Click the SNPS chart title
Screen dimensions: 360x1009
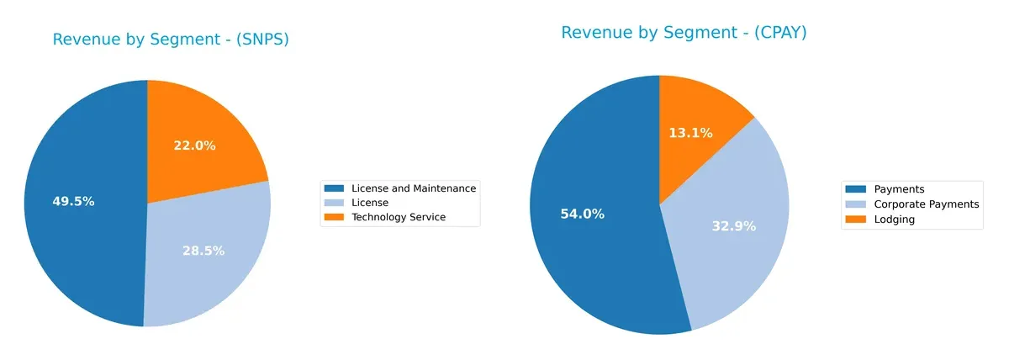click(x=171, y=40)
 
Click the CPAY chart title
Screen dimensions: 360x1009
click(x=684, y=33)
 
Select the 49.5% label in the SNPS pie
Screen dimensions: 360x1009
click(x=73, y=202)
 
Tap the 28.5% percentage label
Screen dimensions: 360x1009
click(x=203, y=251)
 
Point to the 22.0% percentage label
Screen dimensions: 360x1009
click(x=194, y=146)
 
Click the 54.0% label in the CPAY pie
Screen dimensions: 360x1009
click(x=583, y=214)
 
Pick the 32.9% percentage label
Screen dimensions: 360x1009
click(x=735, y=225)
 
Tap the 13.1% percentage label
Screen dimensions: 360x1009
click(x=690, y=133)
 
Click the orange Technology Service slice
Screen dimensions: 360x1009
click(x=210, y=126)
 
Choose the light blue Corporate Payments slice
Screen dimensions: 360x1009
click(x=748, y=252)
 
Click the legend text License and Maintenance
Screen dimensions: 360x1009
click(x=414, y=188)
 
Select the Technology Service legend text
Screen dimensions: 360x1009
click(x=399, y=217)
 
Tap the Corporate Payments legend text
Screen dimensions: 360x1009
click(x=927, y=204)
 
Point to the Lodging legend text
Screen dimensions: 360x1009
click(x=895, y=219)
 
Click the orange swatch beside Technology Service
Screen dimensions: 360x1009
click(x=335, y=217)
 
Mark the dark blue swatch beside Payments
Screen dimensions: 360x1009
click(x=856, y=190)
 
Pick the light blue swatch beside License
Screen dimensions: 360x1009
click(x=335, y=203)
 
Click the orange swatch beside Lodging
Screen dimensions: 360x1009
click(x=856, y=219)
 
